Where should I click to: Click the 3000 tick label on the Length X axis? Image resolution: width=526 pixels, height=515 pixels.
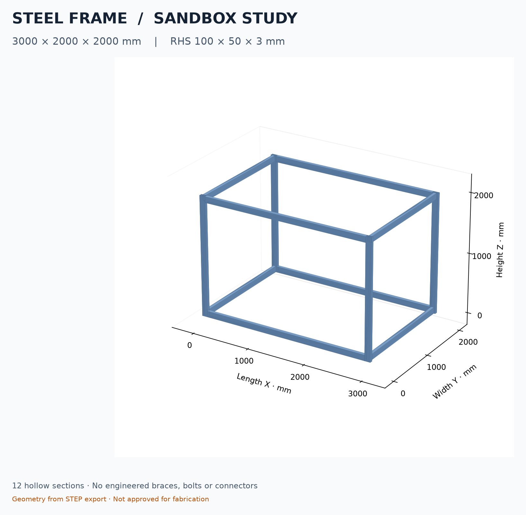[x=358, y=394]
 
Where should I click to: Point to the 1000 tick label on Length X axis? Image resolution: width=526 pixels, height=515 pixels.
[x=244, y=361]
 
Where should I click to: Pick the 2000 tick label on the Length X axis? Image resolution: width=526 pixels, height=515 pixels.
[x=300, y=377]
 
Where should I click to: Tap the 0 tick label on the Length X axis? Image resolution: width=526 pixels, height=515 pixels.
[x=190, y=345]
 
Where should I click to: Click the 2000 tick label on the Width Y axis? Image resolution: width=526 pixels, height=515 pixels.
[x=468, y=342]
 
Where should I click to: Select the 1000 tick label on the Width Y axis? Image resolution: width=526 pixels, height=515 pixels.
[x=436, y=367]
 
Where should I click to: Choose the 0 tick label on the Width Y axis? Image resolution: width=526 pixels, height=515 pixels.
[x=403, y=393]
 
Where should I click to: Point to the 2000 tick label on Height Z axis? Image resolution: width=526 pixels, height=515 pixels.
[x=484, y=196]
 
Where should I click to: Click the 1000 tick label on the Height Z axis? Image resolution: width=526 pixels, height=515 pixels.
[x=482, y=256]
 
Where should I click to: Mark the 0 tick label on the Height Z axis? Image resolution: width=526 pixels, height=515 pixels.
[x=480, y=316]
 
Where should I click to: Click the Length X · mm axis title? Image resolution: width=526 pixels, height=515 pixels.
[x=264, y=383]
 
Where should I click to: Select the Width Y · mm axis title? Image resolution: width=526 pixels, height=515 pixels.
[x=455, y=382]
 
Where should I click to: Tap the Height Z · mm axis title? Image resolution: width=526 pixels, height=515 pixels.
[x=500, y=250]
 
